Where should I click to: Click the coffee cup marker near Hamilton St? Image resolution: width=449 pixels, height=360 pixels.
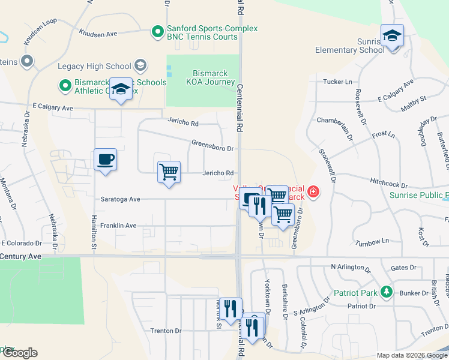(105, 160)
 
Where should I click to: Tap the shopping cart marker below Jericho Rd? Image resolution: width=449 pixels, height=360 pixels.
(169, 172)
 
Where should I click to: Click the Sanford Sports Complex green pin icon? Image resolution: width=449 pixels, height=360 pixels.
(158, 31)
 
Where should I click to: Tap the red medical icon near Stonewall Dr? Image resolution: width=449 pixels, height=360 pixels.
(312, 193)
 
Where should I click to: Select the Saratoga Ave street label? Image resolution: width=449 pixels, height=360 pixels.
(120, 199)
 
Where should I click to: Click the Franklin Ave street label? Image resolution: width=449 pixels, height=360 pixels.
(118, 226)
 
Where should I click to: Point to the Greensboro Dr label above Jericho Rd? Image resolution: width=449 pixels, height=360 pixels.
(212, 145)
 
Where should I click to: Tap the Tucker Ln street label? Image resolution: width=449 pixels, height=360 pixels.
(337, 82)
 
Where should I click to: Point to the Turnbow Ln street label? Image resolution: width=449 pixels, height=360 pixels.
(372, 242)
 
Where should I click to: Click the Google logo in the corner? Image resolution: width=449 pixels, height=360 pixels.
(19, 353)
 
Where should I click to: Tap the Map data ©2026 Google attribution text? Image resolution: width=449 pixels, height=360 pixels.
(411, 355)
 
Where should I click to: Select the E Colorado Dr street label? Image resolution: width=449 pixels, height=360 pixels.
(22, 243)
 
